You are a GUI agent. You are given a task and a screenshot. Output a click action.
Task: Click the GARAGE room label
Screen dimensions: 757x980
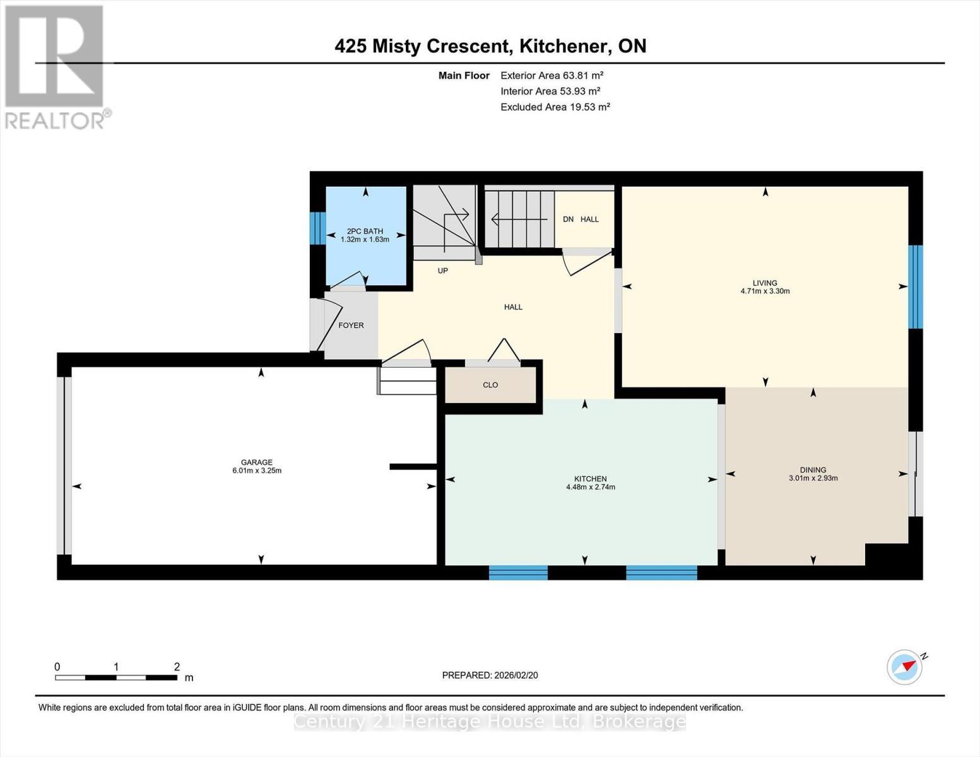coord(256,462)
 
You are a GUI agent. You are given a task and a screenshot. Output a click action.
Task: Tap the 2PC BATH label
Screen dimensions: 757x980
coord(365,232)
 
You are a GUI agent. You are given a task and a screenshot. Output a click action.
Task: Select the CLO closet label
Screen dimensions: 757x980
coord(490,385)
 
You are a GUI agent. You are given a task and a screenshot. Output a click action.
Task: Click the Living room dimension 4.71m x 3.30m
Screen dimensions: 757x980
coord(765,291)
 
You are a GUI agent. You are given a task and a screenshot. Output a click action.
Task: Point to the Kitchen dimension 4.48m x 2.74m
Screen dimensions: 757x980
coord(591,487)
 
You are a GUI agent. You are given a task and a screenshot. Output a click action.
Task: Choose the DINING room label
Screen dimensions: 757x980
coord(813,469)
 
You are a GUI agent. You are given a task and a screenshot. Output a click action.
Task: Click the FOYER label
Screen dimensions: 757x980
coord(351,326)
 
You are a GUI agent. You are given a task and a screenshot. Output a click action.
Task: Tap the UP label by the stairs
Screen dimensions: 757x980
coord(443,271)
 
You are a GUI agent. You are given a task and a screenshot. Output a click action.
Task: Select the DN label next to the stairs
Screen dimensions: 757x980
coord(568,220)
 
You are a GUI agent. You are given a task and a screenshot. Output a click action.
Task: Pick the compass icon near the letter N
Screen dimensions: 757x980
coord(904,667)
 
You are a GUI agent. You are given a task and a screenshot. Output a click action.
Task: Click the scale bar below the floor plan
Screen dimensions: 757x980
coord(116,678)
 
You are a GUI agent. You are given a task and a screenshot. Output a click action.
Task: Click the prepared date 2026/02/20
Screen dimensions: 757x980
coord(516,675)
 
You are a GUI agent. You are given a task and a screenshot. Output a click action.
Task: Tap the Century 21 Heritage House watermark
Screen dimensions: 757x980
coord(490,721)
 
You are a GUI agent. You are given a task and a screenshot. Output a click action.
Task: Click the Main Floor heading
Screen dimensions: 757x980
coord(464,76)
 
